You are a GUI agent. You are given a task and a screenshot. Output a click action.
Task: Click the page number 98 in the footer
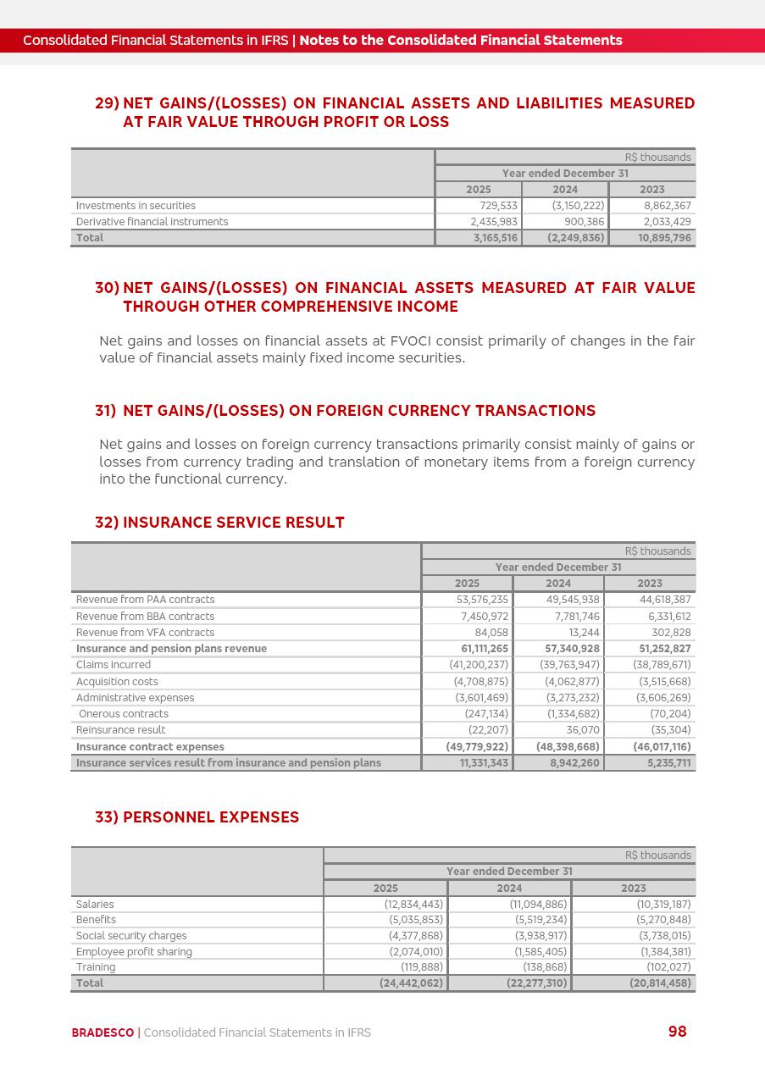pyautogui.click(x=677, y=1031)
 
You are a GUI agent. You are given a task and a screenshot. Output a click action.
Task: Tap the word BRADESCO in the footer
pyautogui.click(x=103, y=1032)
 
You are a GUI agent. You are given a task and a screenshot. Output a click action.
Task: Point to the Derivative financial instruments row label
pyautogui.click(x=152, y=222)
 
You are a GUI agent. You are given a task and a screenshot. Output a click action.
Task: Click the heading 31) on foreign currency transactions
pyautogui.click(x=345, y=411)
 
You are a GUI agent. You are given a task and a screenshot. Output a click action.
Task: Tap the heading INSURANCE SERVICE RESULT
pyautogui.click(x=233, y=523)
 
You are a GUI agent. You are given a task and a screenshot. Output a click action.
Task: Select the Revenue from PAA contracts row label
pyautogui.click(x=145, y=600)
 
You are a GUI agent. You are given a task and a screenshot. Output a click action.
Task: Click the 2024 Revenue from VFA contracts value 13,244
pyautogui.click(x=584, y=633)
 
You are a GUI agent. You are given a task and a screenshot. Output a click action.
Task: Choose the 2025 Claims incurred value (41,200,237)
pyautogui.click(x=479, y=665)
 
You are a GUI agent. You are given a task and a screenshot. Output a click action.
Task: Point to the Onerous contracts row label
pyautogui.click(x=124, y=714)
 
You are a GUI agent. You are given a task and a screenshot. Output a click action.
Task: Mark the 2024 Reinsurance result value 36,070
pyautogui.click(x=583, y=730)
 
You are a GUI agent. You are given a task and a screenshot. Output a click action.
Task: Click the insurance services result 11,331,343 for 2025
pyautogui.click(x=481, y=763)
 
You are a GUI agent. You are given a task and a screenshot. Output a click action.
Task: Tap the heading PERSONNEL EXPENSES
pyautogui.click(x=211, y=817)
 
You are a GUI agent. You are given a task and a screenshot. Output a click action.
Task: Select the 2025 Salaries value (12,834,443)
pyautogui.click(x=413, y=905)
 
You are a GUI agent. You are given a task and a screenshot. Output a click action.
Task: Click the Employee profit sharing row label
pyautogui.click(x=134, y=952)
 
